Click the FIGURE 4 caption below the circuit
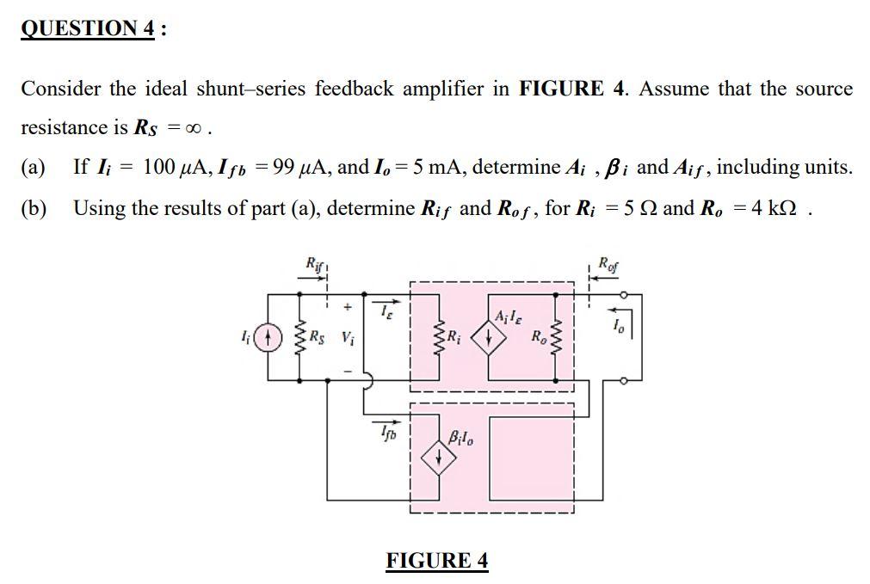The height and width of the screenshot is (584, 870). [x=437, y=561]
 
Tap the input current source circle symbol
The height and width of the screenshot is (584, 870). [x=269, y=336]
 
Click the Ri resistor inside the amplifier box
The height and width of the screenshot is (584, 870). [x=441, y=337]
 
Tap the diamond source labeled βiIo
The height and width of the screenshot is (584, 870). [x=439, y=458]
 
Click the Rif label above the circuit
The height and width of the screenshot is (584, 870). [x=316, y=265]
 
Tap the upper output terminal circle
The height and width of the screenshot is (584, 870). [x=626, y=295]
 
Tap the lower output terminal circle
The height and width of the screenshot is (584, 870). [x=626, y=378]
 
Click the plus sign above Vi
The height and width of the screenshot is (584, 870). [x=348, y=306]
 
